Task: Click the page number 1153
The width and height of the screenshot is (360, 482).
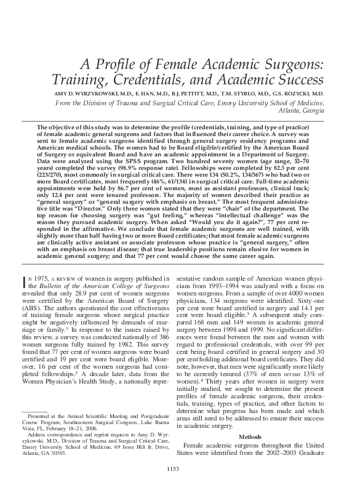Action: click(180, 470)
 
